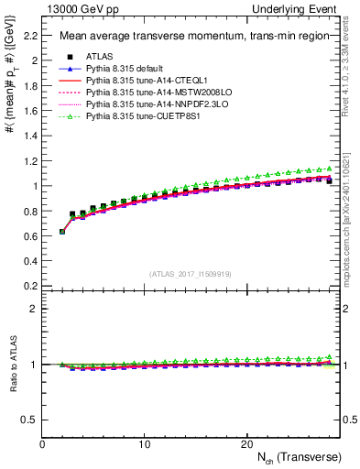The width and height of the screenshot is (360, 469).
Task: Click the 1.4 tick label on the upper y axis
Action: [x=28, y=136]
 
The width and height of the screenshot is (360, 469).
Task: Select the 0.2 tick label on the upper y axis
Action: [x=28, y=285]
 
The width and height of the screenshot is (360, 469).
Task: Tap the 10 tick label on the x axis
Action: [x=144, y=444]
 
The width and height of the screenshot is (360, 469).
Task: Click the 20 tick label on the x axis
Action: [x=245, y=444]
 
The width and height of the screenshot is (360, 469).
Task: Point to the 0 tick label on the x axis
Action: [x=42, y=444]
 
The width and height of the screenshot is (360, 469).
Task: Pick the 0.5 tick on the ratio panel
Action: [x=28, y=420]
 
